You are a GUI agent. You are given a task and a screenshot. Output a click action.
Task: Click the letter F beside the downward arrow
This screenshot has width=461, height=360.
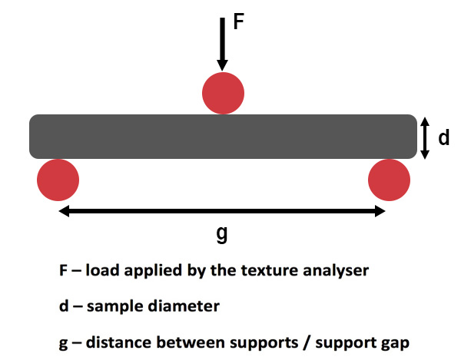(x=238, y=21)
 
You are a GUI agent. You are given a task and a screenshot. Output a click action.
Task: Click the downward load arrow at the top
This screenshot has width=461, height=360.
(x=222, y=43)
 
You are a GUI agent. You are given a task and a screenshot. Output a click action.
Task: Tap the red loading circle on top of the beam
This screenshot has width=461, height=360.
(x=223, y=94)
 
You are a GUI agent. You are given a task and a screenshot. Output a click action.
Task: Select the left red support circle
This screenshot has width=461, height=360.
(x=58, y=180)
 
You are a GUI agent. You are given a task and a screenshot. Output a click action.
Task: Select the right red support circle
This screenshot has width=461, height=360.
(x=390, y=180)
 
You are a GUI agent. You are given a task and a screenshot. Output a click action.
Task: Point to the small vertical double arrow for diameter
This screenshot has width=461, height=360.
(x=424, y=137)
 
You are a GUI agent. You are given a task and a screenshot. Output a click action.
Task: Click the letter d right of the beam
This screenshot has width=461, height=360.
(x=443, y=138)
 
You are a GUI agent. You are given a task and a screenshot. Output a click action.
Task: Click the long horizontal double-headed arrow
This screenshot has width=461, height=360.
(x=222, y=211)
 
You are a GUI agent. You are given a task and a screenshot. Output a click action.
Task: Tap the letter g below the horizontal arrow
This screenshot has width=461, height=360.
(x=222, y=234)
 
